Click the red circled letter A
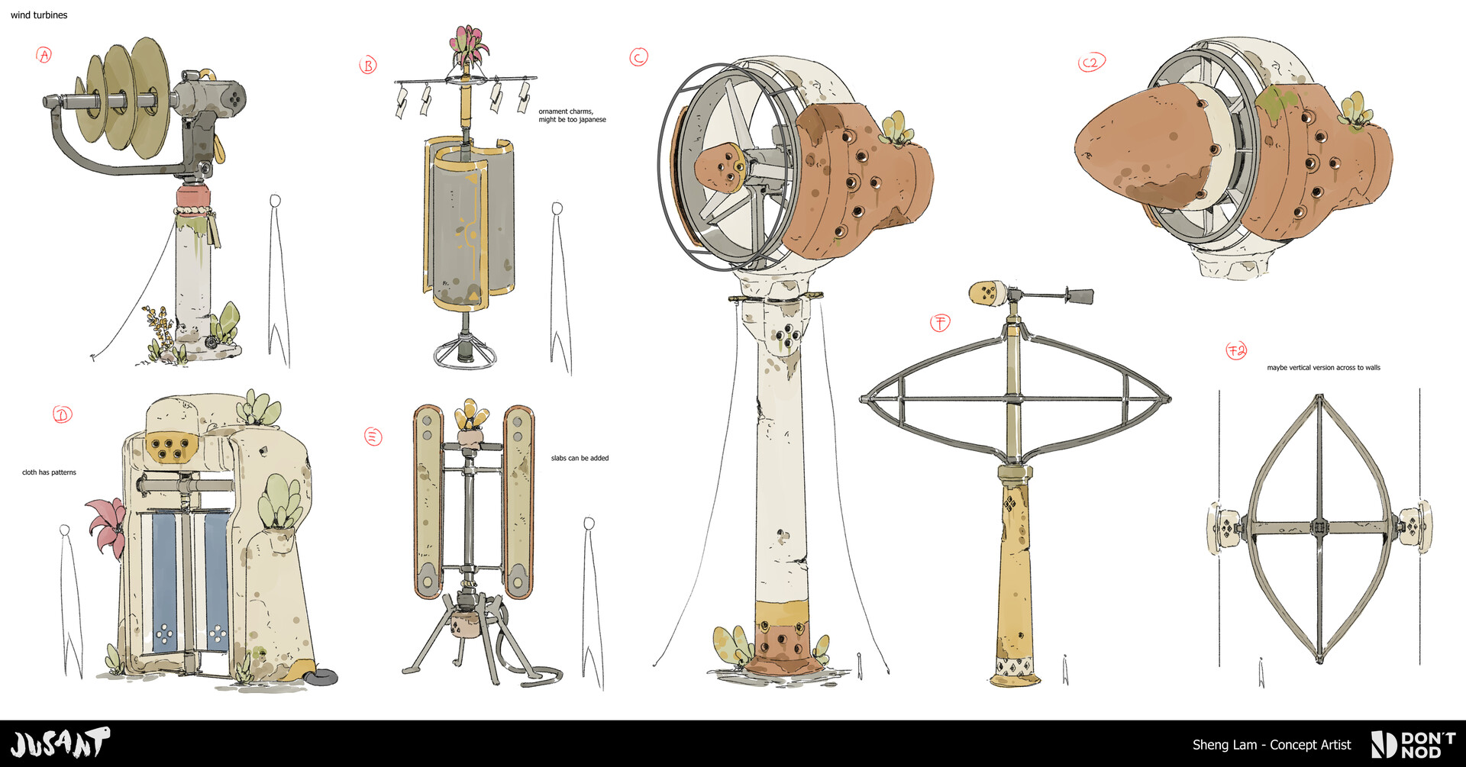pyautogui.click(x=44, y=55)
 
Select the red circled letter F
pyautogui.click(x=940, y=323)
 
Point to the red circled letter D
pyautogui.click(x=63, y=414)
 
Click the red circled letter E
pyautogui.click(x=373, y=437)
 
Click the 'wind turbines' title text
pyautogui.click(x=39, y=15)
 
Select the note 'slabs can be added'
pyautogui.click(x=580, y=458)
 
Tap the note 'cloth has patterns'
pyautogui.click(x=49, y=472)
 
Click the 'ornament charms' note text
pyautogui.click(x=566, y=111)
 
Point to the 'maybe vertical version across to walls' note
pyautogui.click(x=1324, y=368)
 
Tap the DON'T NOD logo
pyautogui.click(x=1413, y=745)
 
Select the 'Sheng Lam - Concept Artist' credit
pyautogui.click(x=1271, y=745)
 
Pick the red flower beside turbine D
pyautogui.click(x=107, y=527)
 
